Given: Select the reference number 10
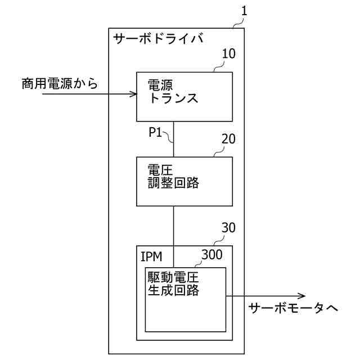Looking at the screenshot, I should point(229,54).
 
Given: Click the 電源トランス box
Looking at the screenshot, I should point(184,96).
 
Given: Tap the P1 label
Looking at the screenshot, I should point(156,133).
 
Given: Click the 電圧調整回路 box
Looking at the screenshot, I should point(184,181).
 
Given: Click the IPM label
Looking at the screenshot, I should point(151,257).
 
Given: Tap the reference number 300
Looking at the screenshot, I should point(211,254).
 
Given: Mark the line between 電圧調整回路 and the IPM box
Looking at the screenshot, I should point(174,225).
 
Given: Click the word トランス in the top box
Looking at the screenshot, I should point(173,99).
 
